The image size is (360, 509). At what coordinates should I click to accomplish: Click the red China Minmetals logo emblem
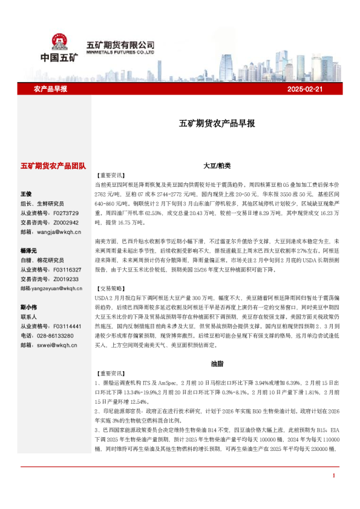59,43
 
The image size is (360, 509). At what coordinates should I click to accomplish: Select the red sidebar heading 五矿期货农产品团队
54,165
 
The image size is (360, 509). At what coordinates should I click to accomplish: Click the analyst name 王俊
26,194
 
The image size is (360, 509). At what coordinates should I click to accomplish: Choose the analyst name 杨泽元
28,250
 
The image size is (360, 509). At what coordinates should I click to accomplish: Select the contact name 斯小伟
28,307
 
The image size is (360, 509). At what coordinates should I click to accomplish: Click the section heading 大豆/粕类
216,165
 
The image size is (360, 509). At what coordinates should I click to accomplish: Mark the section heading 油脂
216,365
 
